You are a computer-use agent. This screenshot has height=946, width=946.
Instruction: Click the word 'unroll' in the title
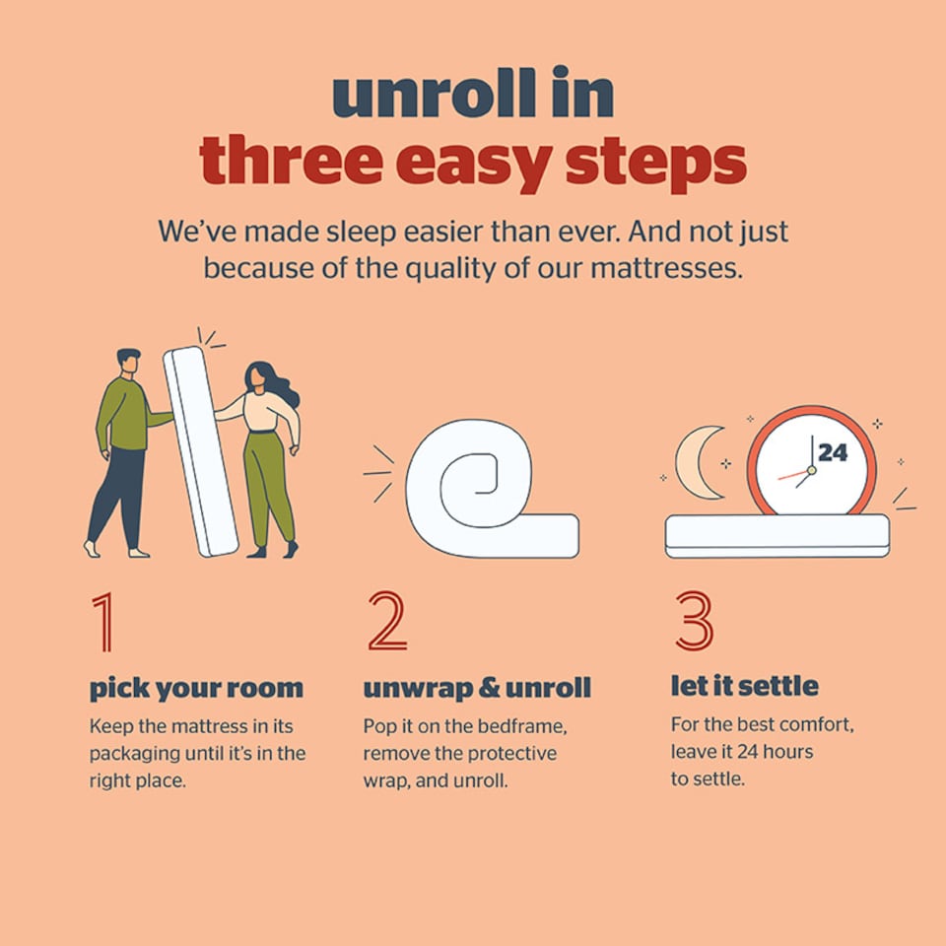click(434, 93)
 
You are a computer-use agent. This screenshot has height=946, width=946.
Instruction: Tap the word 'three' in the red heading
click(290, 161)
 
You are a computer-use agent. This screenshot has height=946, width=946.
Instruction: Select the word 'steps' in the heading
click(656, 166)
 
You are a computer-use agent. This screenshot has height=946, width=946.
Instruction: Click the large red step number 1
click(103, 622)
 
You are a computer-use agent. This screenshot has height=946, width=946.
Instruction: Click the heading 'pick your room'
click(196, 689)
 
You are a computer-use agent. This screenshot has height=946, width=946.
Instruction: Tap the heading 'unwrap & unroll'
click(477, 689)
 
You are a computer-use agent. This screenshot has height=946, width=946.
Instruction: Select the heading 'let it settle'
click(745, 686)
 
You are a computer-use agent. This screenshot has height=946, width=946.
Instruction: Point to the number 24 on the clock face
click(833, 452)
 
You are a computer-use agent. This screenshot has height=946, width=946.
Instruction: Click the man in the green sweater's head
click(128, 362)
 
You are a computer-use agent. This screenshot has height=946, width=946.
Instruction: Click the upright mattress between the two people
click(201, 451)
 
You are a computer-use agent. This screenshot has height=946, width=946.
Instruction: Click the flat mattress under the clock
click(777, 536)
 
